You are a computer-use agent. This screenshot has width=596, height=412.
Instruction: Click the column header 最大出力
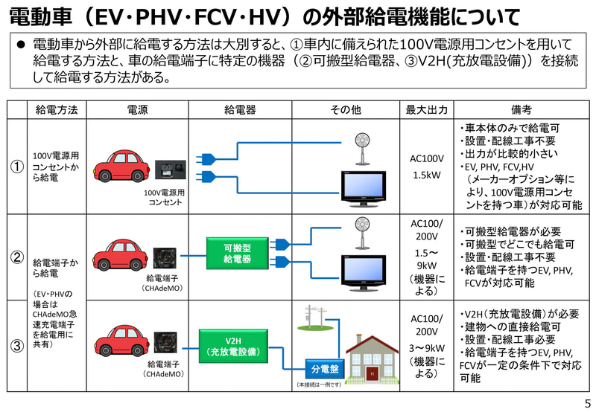click(427, 109)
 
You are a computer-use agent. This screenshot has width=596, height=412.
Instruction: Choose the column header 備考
click(521, 109)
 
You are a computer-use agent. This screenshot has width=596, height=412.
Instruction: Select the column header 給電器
click(240, 109)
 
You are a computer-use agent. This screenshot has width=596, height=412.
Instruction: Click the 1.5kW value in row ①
click(427, 176)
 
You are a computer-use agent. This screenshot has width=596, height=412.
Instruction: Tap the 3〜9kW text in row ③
click(427, 347)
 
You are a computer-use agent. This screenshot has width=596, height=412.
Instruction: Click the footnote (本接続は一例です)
click(319, 384)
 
